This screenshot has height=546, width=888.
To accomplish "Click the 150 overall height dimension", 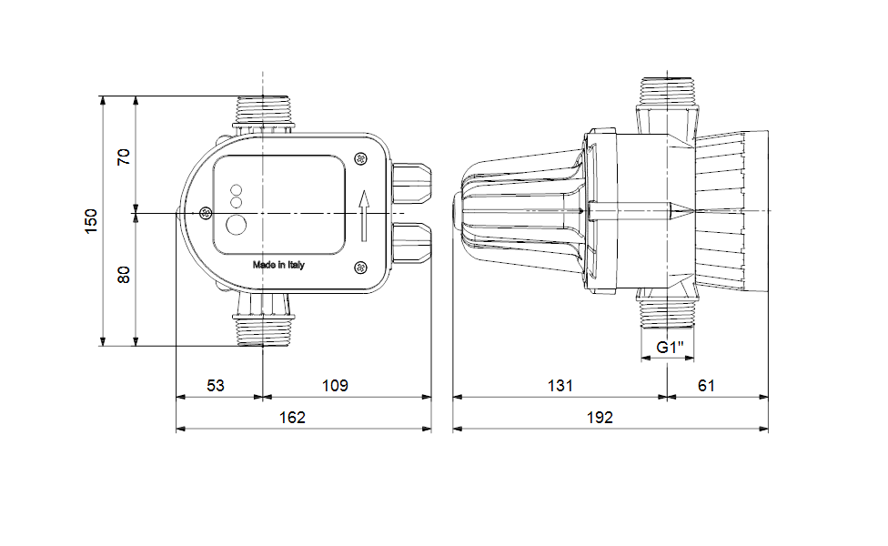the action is click(91, 221).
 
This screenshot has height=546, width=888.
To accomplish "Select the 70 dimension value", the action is click(124, 157).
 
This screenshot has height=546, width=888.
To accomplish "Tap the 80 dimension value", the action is click(124, 275).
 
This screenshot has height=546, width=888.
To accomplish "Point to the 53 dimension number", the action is click(216, 386).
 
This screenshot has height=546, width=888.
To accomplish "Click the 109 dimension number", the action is click(335, 386).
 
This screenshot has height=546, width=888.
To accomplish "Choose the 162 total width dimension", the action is click(292, 418).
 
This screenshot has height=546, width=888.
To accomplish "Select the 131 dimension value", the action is click(560, 386).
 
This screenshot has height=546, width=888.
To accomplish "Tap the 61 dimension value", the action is click(706, 386).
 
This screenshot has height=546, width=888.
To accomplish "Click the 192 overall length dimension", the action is click(600, 418).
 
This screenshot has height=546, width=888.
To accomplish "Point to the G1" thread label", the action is click(670, 347).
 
